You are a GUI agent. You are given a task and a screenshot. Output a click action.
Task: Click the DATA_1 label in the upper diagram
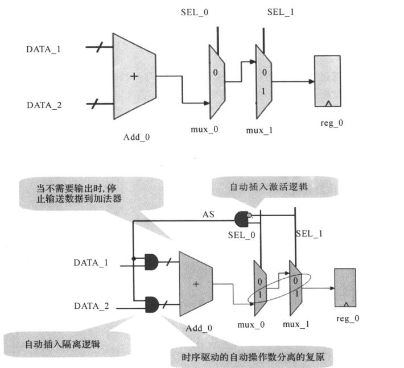[x=43, y=49]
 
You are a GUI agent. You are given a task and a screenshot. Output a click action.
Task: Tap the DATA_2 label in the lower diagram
[x=92, y=306]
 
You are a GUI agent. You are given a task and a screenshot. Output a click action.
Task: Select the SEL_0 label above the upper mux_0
[x=195, y=12]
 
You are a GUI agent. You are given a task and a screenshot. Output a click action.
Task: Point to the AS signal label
[x=208, y=214]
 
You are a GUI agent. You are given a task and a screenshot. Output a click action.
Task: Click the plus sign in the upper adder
[x=134, y=76]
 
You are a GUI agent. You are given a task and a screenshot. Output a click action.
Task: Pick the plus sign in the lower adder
[x=196, y=284]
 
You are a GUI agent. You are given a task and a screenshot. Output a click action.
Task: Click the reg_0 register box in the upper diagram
[x=328, y=81]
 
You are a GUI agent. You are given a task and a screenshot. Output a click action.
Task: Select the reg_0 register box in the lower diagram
[x=345, y=288]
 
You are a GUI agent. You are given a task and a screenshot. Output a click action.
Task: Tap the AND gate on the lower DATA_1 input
[x=151, y=262]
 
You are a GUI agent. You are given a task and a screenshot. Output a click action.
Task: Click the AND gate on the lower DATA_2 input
[x=152, y=304]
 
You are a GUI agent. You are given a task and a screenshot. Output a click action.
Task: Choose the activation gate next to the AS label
[x=242, y=219]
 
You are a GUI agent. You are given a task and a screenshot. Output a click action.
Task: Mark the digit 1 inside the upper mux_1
[x=263, y=91]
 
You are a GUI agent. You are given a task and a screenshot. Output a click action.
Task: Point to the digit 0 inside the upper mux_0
[x=216, y=73]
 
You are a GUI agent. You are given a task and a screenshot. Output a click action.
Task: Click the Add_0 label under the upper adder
[x=137, y=137]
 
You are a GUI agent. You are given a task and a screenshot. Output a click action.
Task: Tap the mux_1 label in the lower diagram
[x=296, y=324]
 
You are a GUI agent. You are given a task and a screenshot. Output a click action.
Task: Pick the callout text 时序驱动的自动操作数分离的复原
[x=253, y=357]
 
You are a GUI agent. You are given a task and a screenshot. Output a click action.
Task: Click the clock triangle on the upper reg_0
[x=328, y=104]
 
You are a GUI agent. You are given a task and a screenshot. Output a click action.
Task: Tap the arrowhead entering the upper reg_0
[x=312, y=81]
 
